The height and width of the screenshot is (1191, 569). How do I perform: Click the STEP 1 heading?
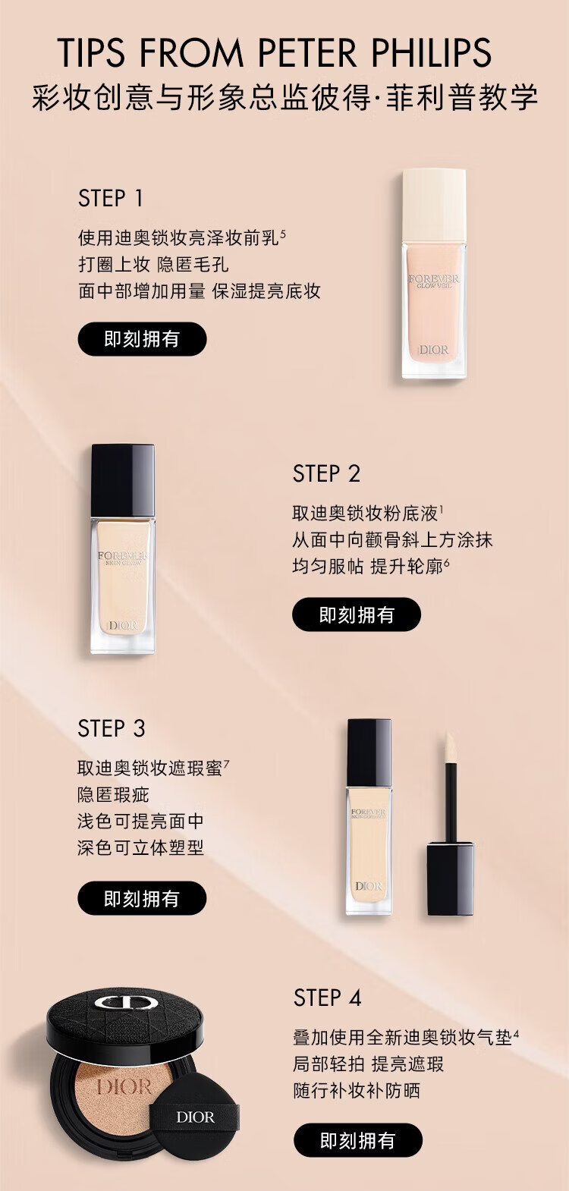pos(111,198)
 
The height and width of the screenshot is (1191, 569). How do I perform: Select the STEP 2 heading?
pos(326,473)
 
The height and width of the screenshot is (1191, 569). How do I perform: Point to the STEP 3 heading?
pos(111,728)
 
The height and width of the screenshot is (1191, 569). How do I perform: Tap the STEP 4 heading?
pos(328,998)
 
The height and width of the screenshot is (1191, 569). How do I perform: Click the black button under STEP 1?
pos(142,338)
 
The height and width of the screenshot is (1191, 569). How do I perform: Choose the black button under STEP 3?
pos(142,898)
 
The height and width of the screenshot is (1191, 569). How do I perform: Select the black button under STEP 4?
pos(358,1140)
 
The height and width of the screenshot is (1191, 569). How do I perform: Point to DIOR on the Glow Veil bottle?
pos(433,350)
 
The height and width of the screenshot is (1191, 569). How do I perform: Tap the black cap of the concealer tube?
pos(369,753)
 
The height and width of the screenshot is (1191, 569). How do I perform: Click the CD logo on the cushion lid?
pos(126,1004)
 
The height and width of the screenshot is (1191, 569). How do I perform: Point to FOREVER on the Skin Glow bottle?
pos(123,555)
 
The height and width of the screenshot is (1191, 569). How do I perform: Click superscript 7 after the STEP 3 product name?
pos(227,764)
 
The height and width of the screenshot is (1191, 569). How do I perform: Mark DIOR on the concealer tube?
pos(369,886)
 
